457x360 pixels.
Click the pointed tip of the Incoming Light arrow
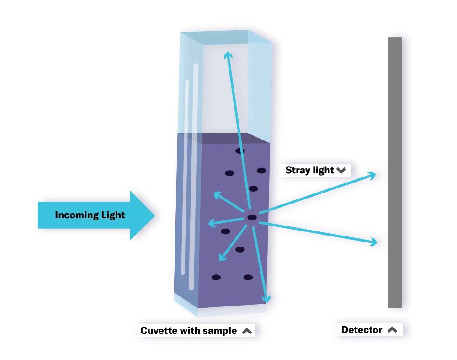[x=154, y=215]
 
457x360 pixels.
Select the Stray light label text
[x=309, y=170]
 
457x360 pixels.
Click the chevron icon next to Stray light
[x=341, y=171]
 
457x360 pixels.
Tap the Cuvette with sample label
[x=188, y=331]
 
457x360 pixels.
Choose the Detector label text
[x=361, y=330]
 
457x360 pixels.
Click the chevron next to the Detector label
[x=392, y=330]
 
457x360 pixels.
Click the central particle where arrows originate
[x=252, y=218]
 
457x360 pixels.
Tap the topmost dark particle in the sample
[x=240, y=150]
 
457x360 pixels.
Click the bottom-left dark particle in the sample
[x=216, y=277]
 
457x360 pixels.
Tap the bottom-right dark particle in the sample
[x=248, y=277]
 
